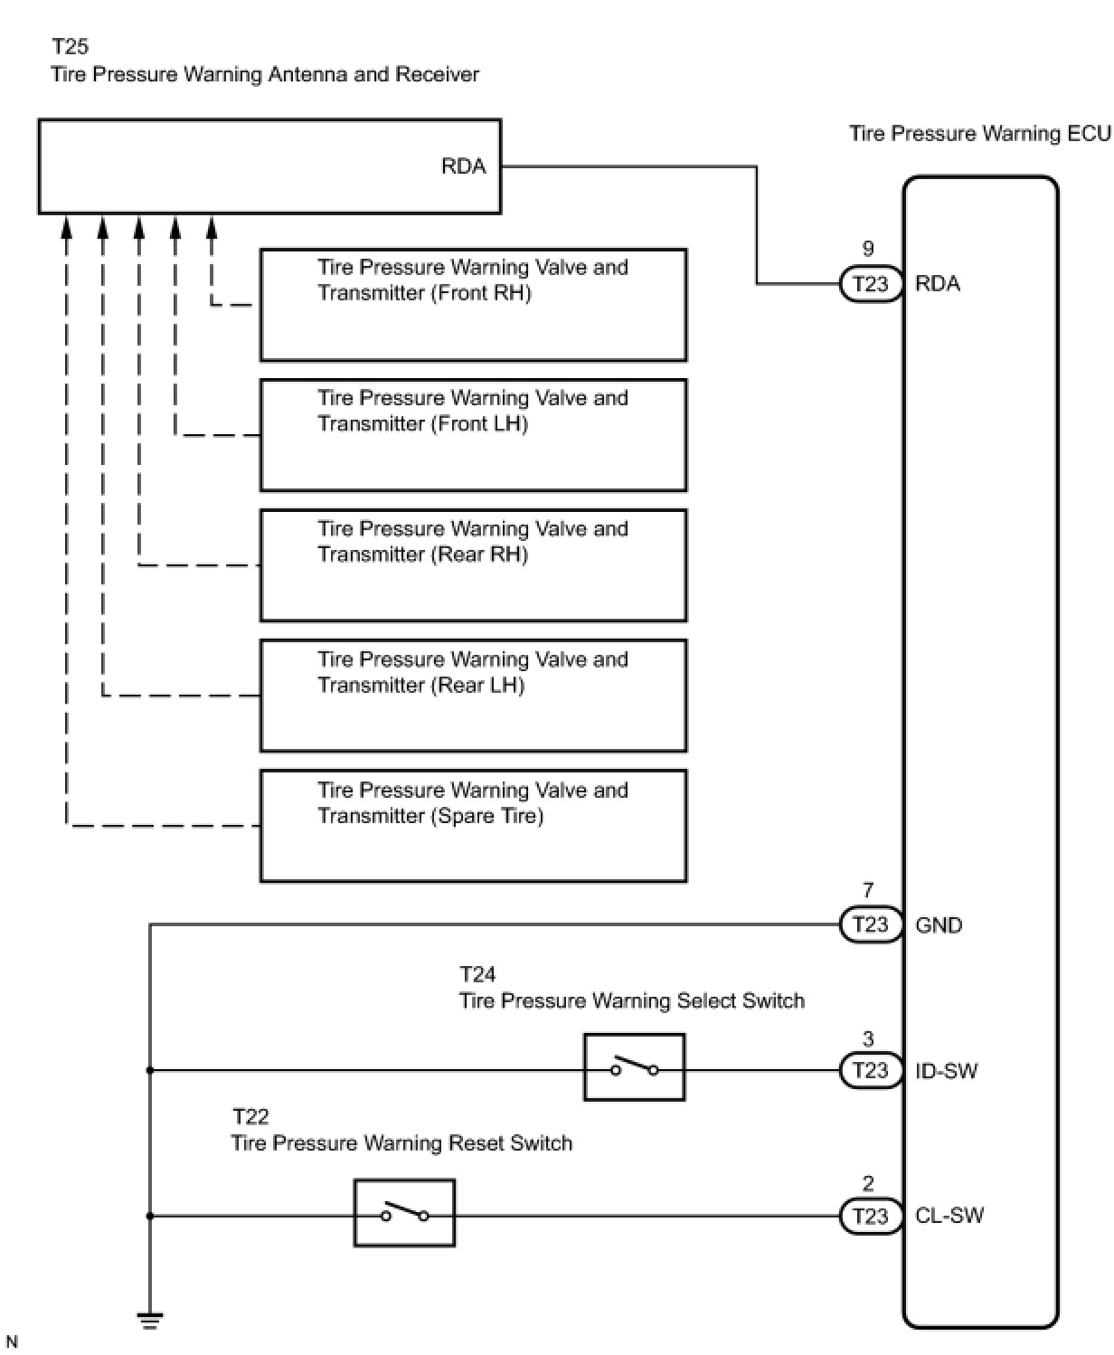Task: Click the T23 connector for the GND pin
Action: click(871, 925)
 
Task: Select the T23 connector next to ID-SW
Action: click(871, 1070)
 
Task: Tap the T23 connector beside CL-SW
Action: click(871, 1217)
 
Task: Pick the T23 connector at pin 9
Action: click(871, 283)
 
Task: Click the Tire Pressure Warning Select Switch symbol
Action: click(634, 1067)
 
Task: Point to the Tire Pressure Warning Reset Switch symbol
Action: click(404, 1213)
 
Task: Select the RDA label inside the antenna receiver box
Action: click(463, 166)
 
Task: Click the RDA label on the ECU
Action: click(938, 283)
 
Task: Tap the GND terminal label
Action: click(939, 925)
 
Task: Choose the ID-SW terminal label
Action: click(947, 1070)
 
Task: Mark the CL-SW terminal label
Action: click(949, 1216)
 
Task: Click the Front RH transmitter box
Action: click(474, 305)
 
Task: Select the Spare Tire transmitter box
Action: click(474, 826)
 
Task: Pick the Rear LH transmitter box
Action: click(474, 696)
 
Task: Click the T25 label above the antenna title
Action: click(70, 46)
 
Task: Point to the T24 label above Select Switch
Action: click(477, 974)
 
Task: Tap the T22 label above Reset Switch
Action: click(250, 1116)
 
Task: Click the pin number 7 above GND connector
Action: click(868, 890)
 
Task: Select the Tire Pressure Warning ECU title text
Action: click(980, 134)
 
